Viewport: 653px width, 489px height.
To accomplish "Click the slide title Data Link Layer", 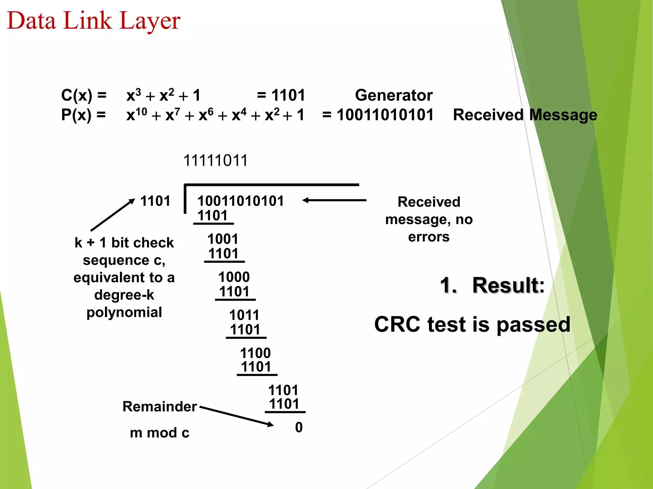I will (94, 21).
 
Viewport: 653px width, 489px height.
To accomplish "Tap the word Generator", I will (394, 95).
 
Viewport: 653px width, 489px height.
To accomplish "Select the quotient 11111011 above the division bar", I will (216, 160).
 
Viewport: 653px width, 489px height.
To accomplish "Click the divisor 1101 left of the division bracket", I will (155, 201).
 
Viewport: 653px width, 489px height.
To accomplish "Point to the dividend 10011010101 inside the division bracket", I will (240, 201).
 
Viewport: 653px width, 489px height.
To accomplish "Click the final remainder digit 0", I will (299, 427).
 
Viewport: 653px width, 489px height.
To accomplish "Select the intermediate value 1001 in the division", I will (223, 239).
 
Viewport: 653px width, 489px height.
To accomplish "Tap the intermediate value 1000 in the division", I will (234, 277).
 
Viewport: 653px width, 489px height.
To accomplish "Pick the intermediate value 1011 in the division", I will (245, 315).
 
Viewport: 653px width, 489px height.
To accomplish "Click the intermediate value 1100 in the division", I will (255, 353).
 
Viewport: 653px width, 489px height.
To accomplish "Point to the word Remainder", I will (159, 407).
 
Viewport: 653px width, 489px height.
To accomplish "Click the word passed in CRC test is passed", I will (533, 324).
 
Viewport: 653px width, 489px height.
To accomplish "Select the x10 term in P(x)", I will (136, 115).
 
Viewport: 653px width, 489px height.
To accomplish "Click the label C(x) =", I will (84, 95).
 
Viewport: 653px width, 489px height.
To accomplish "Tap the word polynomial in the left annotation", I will (124, 312).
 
